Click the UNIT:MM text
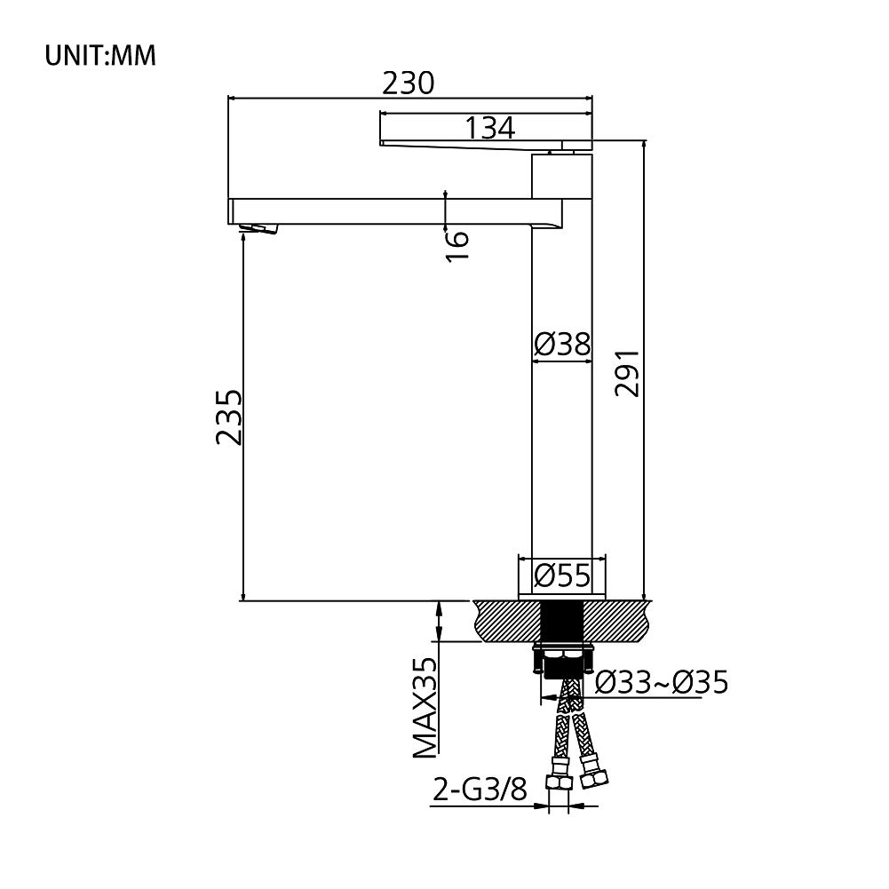click(100, 56)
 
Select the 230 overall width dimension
click(409, 83)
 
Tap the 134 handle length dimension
click(489, 128)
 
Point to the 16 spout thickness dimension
click(457, 245)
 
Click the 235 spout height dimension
click(229, 417)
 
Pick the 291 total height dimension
click(628, 372)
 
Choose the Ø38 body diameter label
click(562, 344)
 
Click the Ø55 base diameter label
click(562, 576)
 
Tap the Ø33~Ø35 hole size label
click(661, 682)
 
